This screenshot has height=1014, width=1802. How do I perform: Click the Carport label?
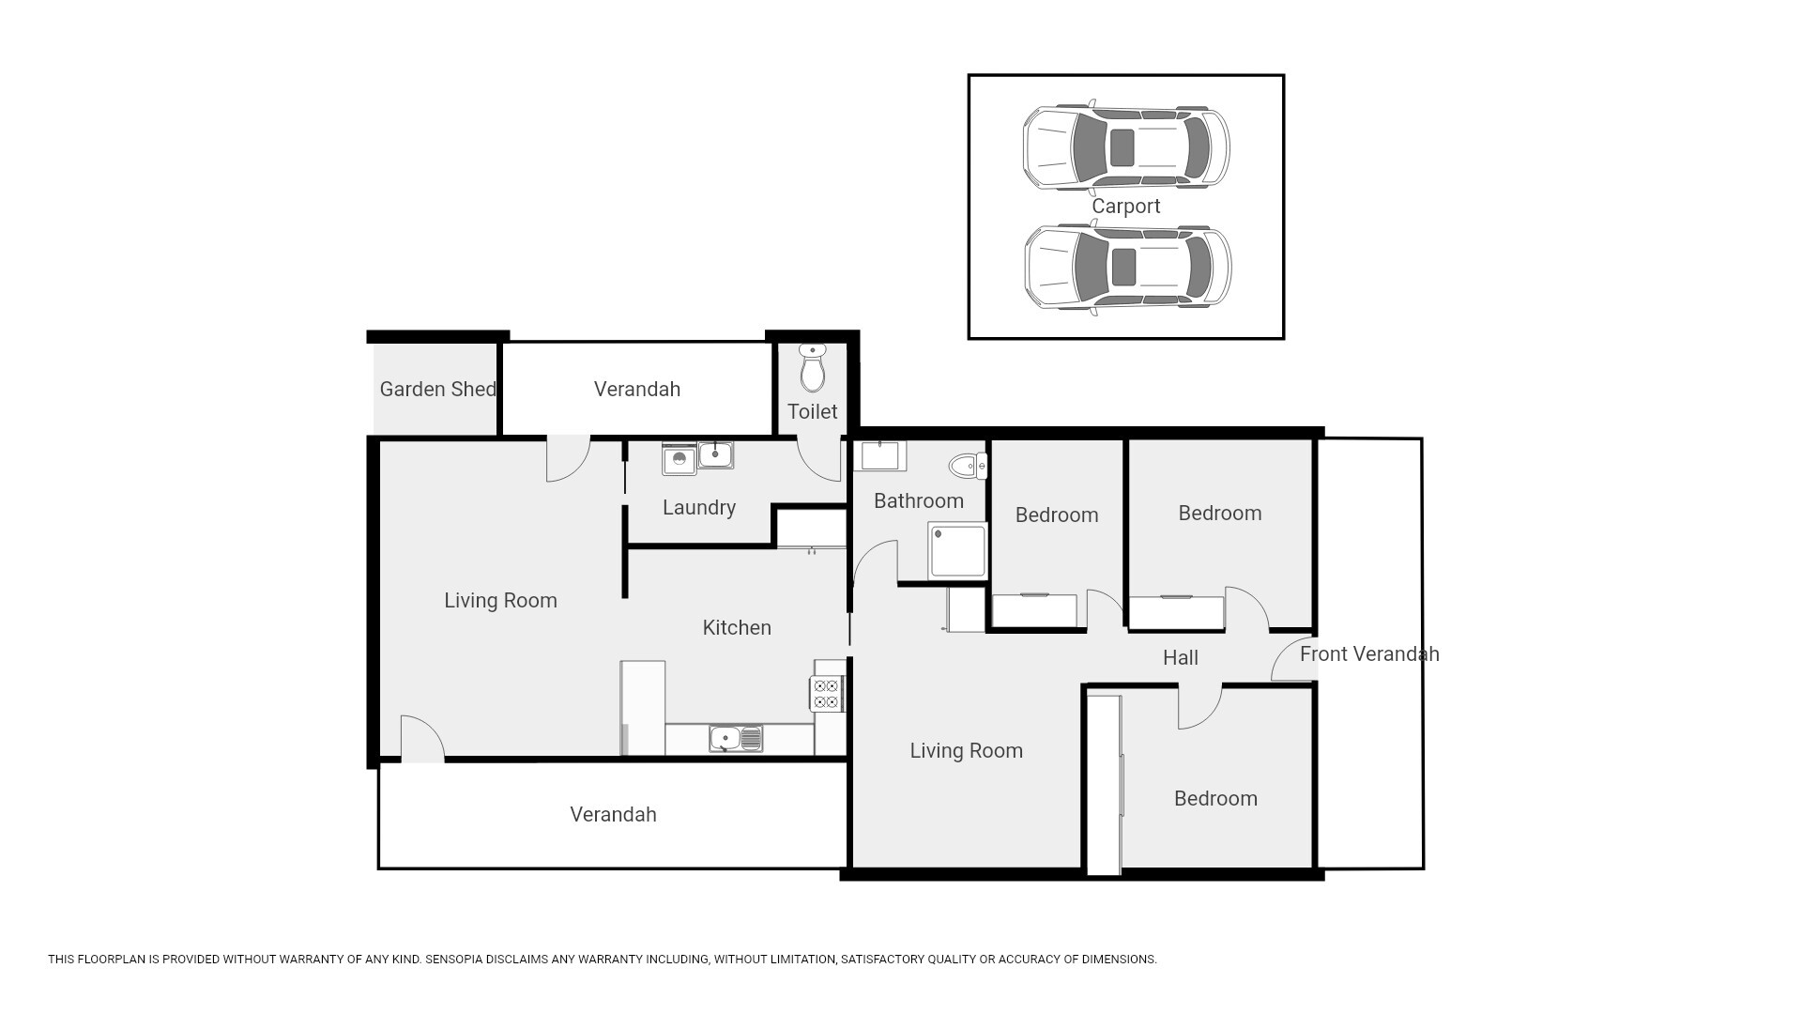point(1125,207)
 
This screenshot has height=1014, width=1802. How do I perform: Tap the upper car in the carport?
point(1125,147)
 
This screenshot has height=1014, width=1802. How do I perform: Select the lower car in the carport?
point(1127,268)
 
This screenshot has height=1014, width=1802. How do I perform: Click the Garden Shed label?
point(437,389)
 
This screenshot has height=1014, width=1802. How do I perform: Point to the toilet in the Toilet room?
point(813,367)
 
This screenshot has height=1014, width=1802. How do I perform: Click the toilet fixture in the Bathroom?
point(968,465)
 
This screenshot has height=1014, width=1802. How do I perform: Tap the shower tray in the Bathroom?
point(957,551)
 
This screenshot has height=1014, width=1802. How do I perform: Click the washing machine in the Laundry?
point(679,459)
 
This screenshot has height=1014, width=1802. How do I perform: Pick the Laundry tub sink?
point(715,455)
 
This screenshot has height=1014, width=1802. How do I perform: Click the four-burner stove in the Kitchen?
point(826,695)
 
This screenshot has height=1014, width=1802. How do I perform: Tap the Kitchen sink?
point(737,739)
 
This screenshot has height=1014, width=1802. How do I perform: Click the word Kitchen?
point(737,627)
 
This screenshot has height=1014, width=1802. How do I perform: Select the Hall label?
point(1181,658)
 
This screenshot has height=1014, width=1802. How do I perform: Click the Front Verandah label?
point(1369,654)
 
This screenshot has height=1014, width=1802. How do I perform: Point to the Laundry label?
point(699,508)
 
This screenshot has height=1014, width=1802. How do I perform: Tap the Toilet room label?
point(813,411)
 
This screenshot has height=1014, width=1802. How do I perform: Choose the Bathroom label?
point(919,501)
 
